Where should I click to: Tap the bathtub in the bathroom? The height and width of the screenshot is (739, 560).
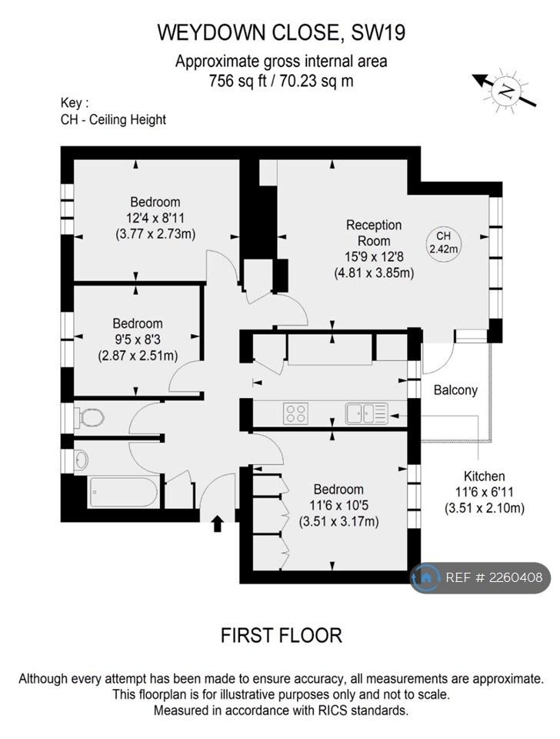coord(122,493)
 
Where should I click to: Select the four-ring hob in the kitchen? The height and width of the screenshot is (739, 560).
coord(296,413)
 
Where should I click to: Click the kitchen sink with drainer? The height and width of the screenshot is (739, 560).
coord(366,413)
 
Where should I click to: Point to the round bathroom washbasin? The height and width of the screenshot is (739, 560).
coord(81,460)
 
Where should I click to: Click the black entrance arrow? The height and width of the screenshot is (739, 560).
coord(217,523)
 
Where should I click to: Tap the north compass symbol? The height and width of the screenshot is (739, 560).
coord(505,90)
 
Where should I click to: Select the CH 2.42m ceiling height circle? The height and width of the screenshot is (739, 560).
coord(443,242)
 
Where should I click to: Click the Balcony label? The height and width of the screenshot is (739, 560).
coord(455,390)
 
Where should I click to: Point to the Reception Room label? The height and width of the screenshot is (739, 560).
coord(374,232)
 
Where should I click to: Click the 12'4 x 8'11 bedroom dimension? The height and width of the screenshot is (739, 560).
coord(155,218)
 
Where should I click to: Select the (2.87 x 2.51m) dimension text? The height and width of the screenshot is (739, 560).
coord(138,355)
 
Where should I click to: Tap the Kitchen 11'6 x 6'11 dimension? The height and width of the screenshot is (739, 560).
coord(484,492)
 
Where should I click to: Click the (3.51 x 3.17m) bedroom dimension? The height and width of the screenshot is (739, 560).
coord(339,521)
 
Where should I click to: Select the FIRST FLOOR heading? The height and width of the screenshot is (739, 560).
coord(282,635)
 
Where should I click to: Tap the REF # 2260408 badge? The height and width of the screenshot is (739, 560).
coord(481,577)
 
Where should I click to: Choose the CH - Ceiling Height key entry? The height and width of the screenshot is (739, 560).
coord(113,120)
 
